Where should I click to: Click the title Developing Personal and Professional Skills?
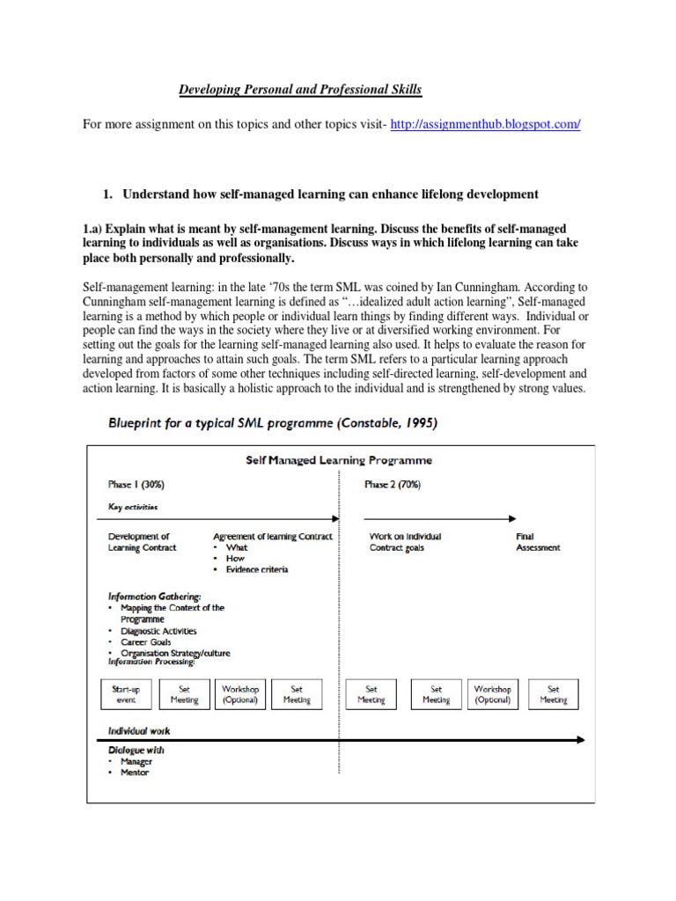click(300, 89)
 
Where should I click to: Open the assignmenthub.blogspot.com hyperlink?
click(487, 125)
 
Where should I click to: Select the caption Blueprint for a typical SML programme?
click(272, 423)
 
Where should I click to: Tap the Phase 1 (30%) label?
click(136, 485)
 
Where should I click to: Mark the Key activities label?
click(133, 507)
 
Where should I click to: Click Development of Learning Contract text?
click(142, 542)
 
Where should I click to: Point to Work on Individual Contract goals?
click(405, 542)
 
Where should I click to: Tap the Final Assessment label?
click(537, 542)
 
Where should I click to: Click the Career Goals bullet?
click(146, 642)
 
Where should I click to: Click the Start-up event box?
click(127, 694)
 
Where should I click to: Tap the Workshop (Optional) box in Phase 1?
click(240, 694)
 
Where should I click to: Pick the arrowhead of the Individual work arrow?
click(577, 739)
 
